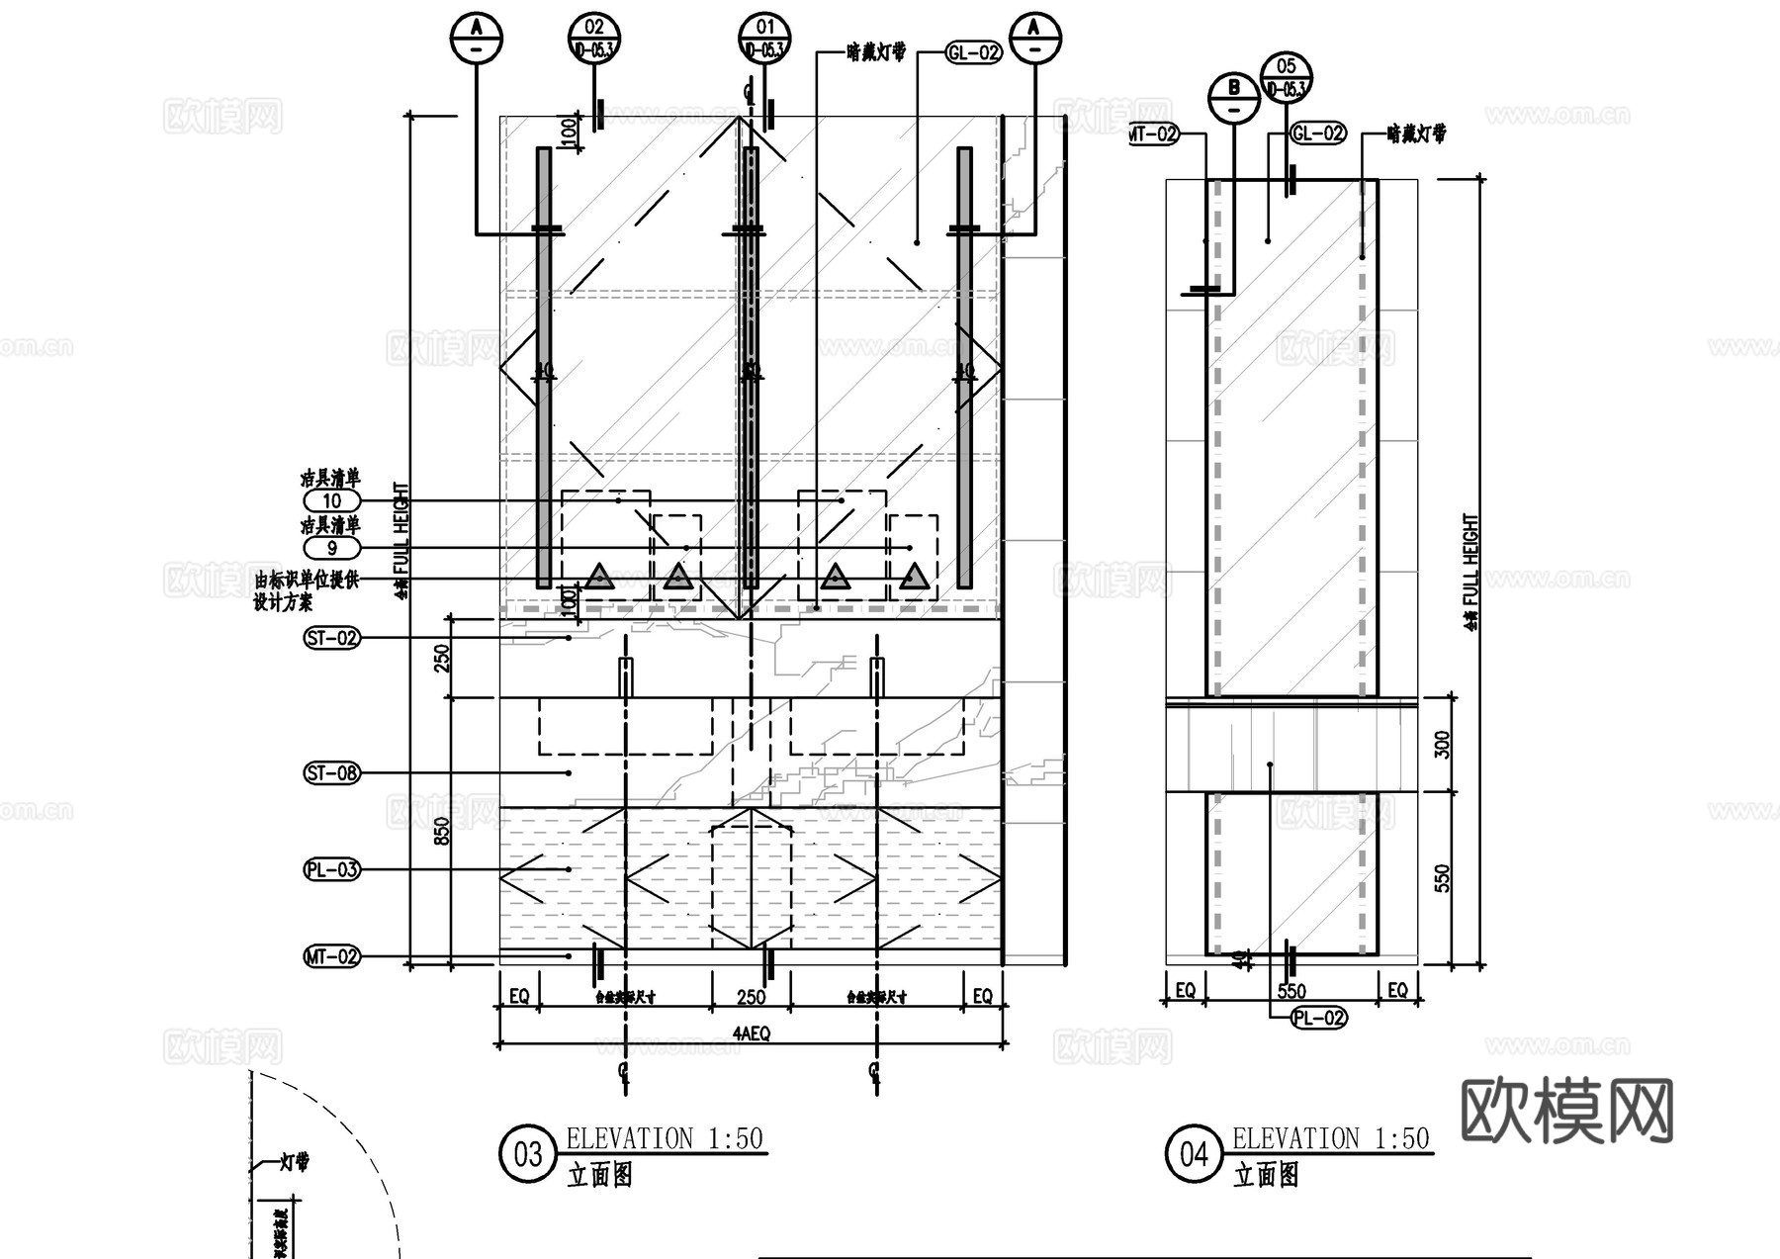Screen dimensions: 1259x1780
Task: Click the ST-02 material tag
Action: [331, 638]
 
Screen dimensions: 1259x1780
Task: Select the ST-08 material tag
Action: [331, 772]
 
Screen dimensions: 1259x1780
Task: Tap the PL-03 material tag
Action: [331, 870]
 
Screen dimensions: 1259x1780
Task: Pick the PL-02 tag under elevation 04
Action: [1319, 1018]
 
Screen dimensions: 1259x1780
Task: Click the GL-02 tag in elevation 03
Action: [973, 52]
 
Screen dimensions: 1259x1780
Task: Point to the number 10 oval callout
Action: [331, 500]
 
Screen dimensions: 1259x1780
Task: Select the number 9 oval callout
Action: [331, 548]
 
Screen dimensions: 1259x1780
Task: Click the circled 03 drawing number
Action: [528, 1154]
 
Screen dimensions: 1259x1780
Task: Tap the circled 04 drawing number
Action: [1194, 1154]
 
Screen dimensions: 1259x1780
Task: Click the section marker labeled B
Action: [1234, 98]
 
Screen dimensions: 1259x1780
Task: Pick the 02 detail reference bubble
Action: [594, 38]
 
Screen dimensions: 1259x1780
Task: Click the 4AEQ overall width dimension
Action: [751, 1034]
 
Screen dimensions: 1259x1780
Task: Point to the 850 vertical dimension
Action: [442, 830]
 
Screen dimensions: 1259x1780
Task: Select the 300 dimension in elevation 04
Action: [1442, 745]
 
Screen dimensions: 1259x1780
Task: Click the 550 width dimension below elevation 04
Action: [1291, 991]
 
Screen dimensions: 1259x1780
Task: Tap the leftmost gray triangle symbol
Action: [598, 578]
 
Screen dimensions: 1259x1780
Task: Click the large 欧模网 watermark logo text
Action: [1566, 1111]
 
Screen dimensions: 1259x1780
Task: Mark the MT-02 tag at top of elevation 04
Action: [1153, 134]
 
